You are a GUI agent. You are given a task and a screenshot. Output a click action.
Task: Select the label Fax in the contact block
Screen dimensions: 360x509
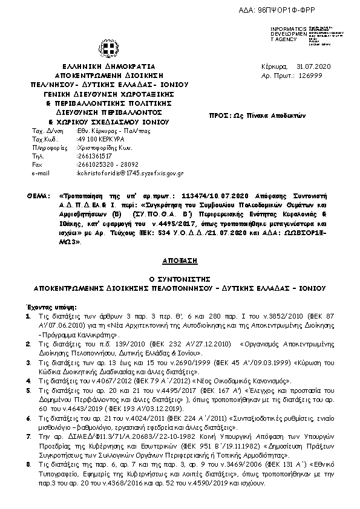tap(37, 164)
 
